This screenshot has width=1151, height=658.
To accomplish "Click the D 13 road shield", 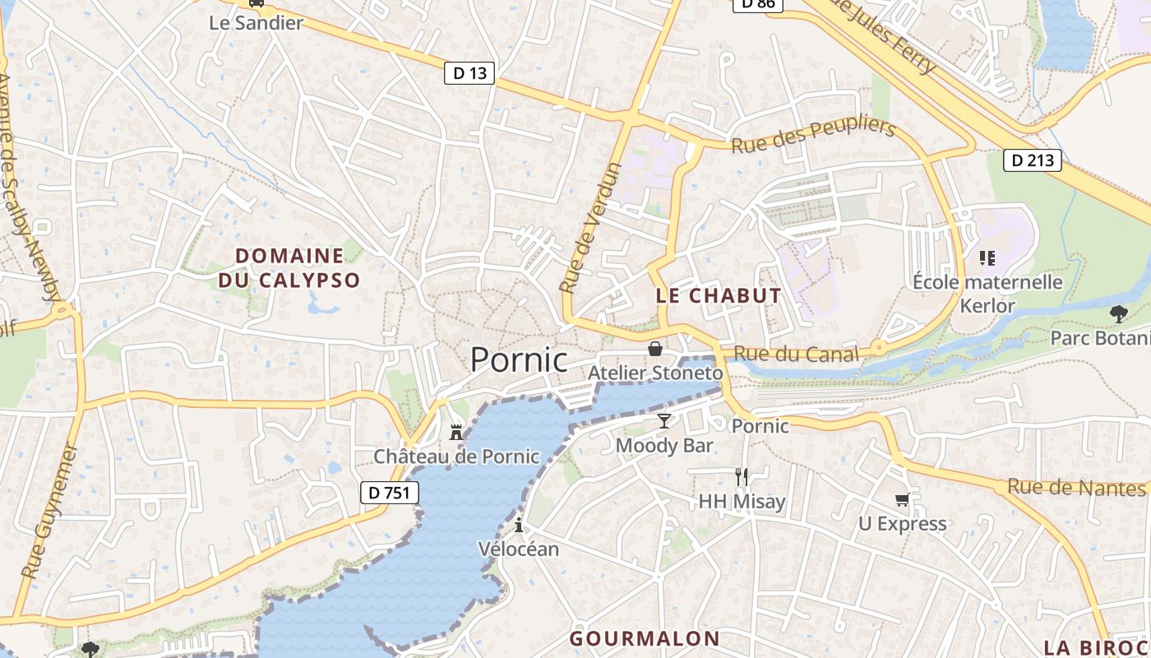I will (x=470, y=73).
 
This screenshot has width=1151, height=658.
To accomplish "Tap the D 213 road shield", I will (x=1033, y=160).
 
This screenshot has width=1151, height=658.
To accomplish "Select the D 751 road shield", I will (x=390, y=493).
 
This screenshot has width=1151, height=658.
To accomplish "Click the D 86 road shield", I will (x=756, y=4).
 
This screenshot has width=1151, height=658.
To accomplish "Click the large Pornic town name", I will (x=519, y=360).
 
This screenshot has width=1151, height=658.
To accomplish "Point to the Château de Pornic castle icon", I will (x=456, y=432).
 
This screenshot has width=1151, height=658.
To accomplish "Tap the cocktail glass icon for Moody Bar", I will (x=664, y=421).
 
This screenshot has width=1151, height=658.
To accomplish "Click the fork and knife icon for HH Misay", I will (x=742, y=476).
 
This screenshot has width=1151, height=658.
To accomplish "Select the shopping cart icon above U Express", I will (x=903, y=499).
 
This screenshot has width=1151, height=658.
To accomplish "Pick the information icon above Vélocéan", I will (x=519, y=526).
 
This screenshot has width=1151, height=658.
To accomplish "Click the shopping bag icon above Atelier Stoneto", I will (x=655, y=349).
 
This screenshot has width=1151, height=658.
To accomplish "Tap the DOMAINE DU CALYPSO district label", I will (x=289, y=268).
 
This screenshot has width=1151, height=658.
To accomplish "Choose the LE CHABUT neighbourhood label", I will (x=719, y=296).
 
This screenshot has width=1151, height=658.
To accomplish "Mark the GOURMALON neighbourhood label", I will (x=645, y=638).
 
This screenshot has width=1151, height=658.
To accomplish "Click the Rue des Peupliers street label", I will (x=812, y=136).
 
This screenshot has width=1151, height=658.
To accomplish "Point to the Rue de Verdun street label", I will (x=590, y=228).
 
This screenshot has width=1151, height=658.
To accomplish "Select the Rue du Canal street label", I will (x=796, y=354).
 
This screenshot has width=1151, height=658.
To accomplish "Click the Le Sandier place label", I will (x=257, y=23).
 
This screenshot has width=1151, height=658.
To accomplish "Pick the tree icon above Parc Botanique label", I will (x=1118, y=313).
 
